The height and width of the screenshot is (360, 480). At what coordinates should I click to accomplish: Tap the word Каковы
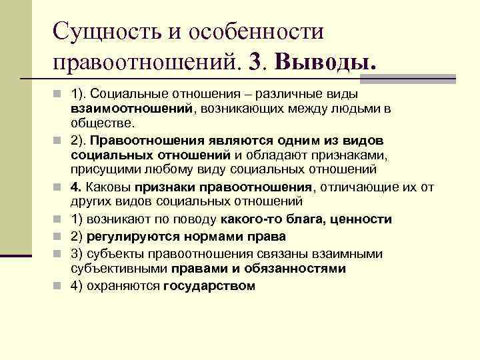[x=109, y=185]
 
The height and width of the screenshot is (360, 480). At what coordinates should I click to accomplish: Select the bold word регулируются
[x=124, y=236]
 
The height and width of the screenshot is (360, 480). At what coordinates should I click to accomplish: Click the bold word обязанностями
[x=298, y=268]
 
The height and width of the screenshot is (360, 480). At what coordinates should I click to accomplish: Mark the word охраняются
[x=122, y=285]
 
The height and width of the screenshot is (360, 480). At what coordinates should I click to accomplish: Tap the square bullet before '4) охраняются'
[x=59, y=285]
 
